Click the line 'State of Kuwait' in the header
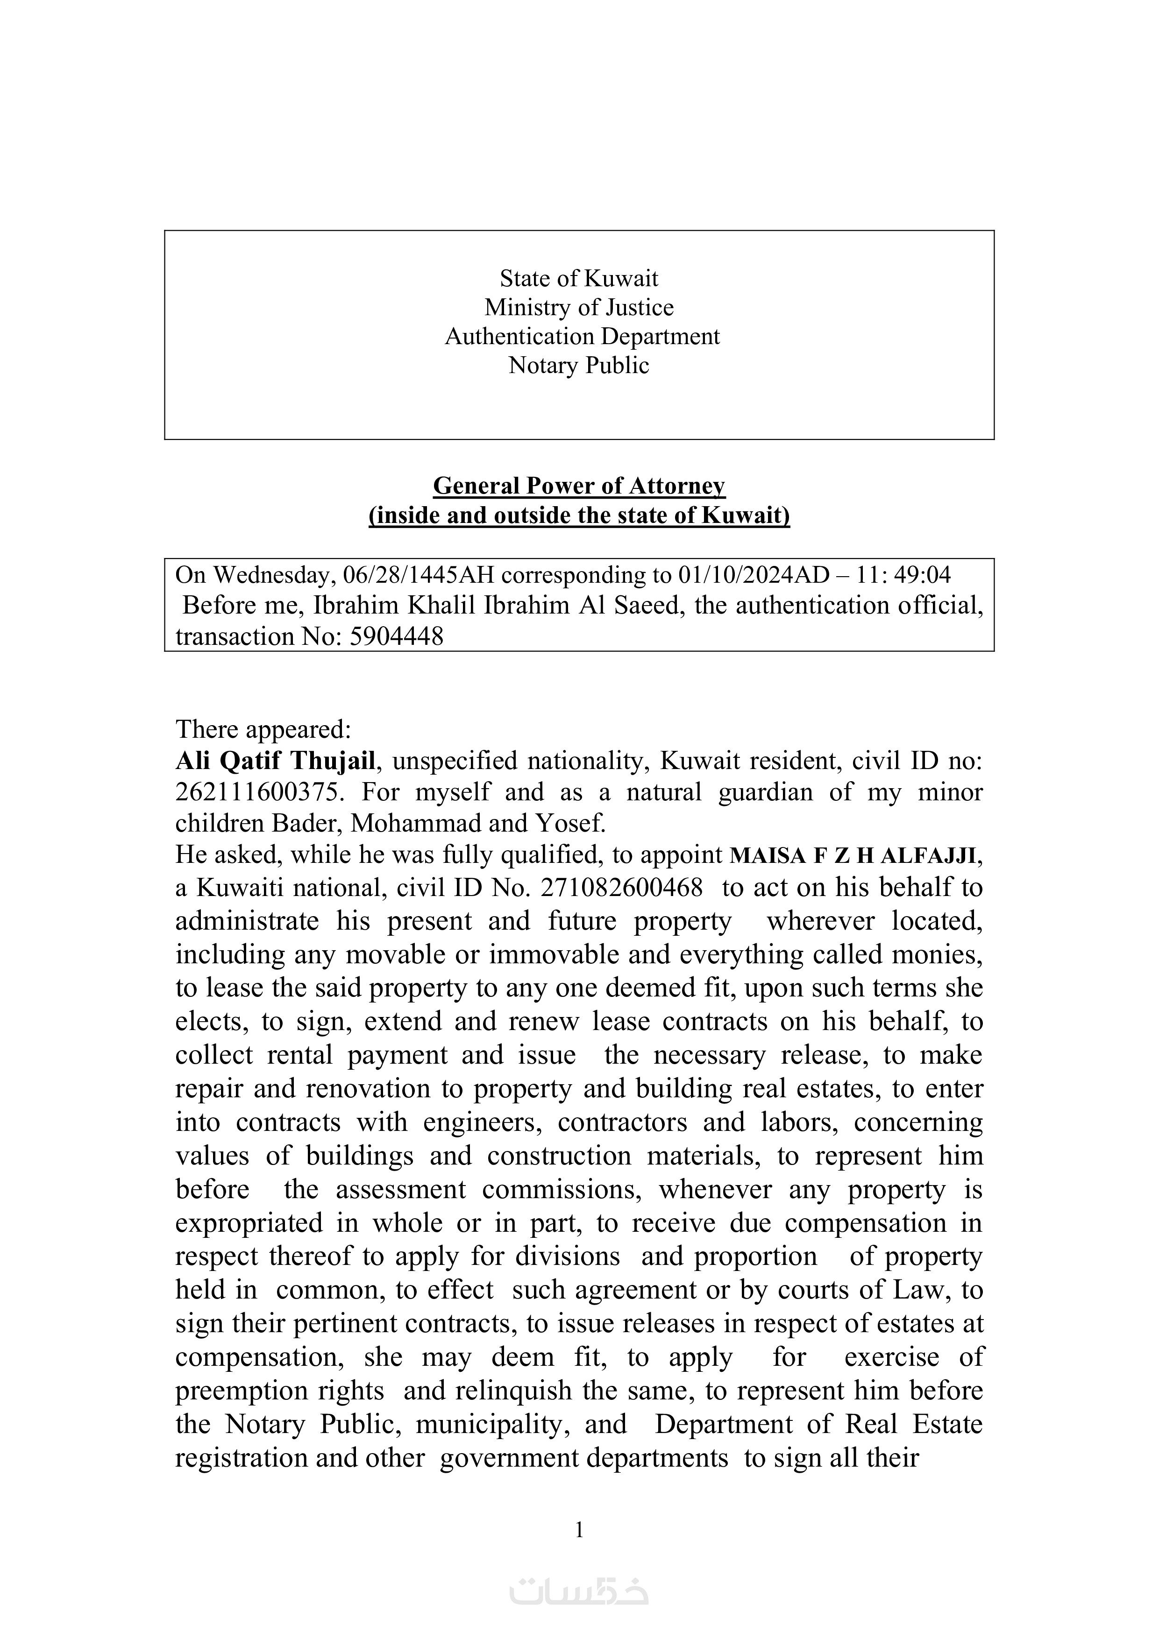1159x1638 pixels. click(x=579, y=278)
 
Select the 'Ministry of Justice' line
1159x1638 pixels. click(x=579, y=308)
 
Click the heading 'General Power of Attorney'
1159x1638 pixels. click(x=579, y=486)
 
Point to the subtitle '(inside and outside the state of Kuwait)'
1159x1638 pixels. click(x=579, y=515)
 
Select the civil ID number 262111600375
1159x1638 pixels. click(x=257, y=792)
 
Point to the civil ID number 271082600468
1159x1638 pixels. click(x=622, y=888)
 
